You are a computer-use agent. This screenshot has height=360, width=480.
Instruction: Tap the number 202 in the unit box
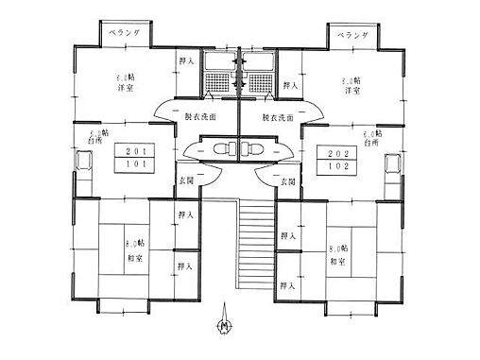(337, 153)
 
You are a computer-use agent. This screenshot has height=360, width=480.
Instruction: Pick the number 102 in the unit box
(337, 167)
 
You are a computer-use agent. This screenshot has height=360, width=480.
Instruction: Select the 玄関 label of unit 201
(187, 180)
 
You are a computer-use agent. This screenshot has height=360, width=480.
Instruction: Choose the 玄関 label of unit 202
(285, 180)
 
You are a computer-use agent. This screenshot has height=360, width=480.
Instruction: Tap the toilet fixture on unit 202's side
(253, 149)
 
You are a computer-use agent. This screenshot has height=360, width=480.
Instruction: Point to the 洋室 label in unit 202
(352, 91)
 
